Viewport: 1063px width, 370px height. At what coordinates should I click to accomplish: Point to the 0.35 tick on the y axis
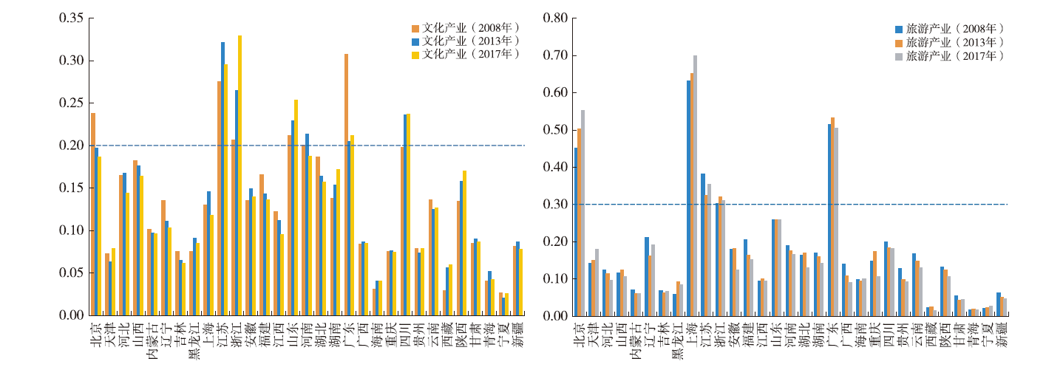(x=70, y=18)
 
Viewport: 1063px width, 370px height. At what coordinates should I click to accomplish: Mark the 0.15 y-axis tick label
(x=70, y=188)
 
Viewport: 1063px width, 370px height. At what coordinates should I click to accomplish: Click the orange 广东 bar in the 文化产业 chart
(x=346, y=185)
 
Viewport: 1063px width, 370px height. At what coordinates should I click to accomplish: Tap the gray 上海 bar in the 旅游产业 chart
(x=695, y=185)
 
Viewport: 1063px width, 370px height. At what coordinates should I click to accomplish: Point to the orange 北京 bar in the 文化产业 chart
(x=93, y=214)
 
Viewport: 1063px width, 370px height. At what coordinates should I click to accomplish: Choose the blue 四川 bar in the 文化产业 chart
(x=405, y=215)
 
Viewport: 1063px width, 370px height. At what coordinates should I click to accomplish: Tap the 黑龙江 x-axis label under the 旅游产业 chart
(x=675, y=343)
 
